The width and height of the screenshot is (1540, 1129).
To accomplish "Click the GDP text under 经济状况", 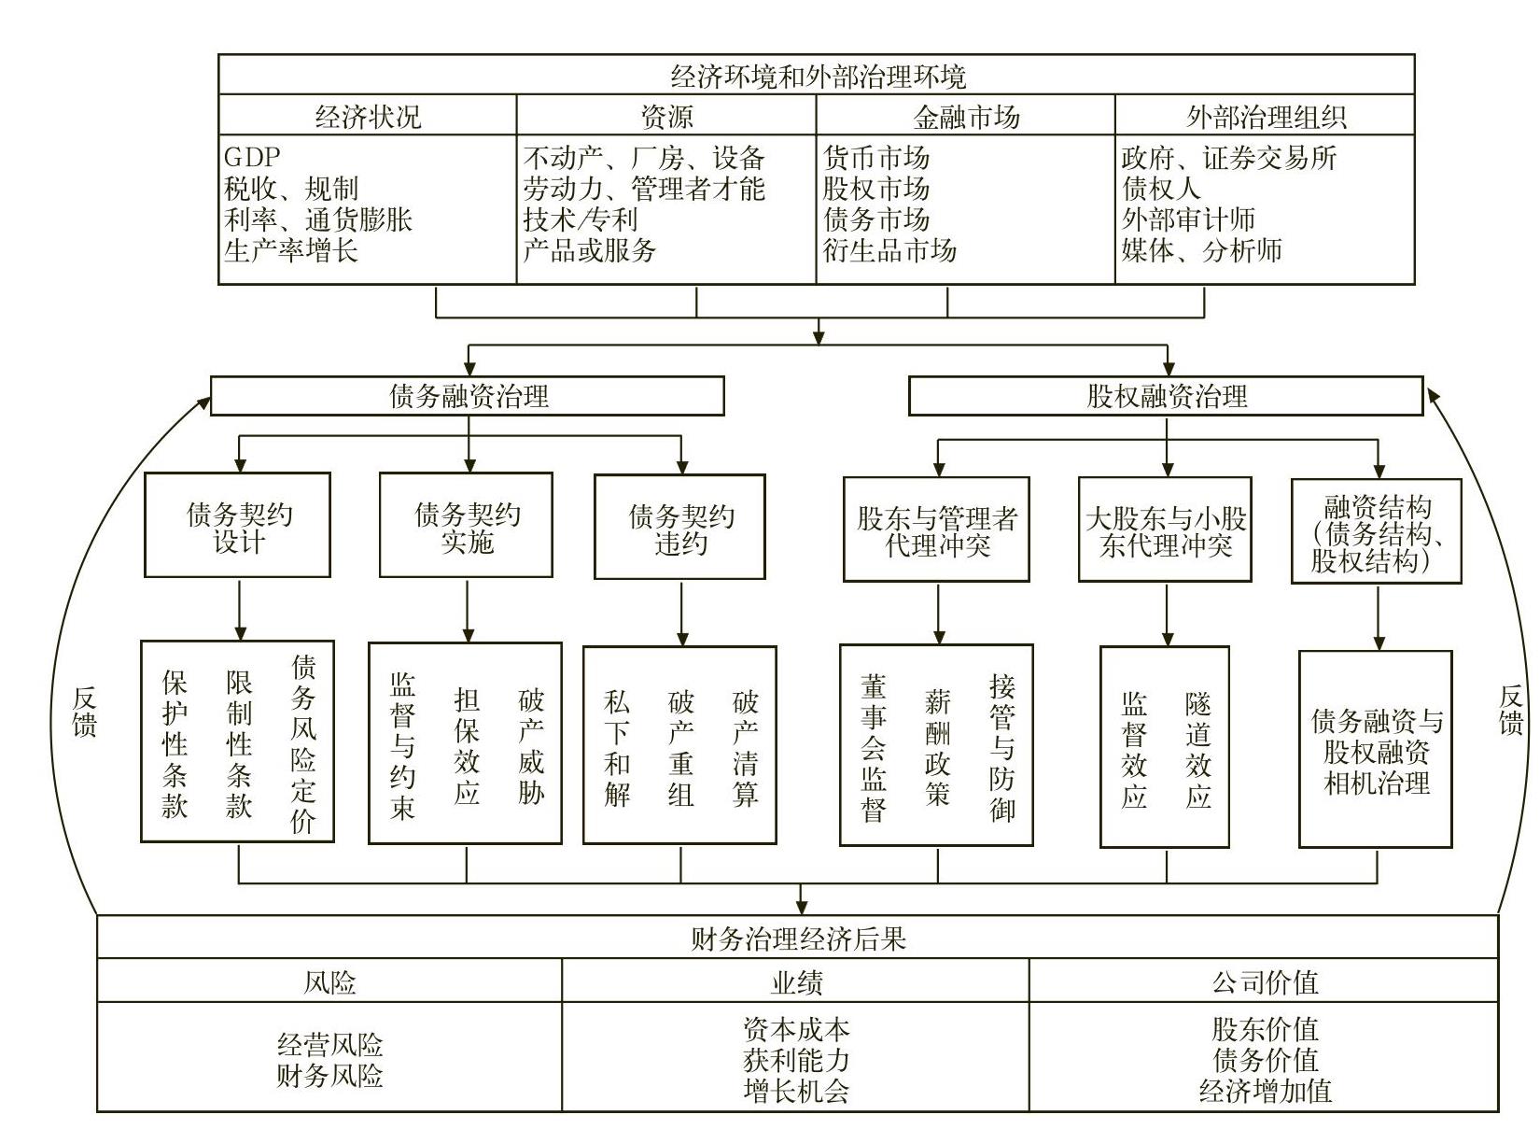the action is pyautogui.click(x=252, y=157).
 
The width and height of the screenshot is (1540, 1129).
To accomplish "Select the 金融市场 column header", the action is pyautogui.click(x=966, y=117).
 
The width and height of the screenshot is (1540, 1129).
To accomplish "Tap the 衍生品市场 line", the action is pyautogui.click(x=889, y=249).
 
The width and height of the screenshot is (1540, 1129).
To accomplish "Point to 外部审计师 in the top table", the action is pyautogui.click(x=1188, y=219).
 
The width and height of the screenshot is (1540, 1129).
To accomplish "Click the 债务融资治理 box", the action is pyautogui.click(x=468, y=396).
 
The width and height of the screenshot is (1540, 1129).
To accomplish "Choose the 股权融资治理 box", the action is pyautogui.click(x=1166, y=396).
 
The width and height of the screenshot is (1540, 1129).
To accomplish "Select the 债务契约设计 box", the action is pyautogui.click(x=238, y=525).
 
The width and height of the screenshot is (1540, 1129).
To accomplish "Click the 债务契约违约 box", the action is pyautogui.click(x=680, y=527).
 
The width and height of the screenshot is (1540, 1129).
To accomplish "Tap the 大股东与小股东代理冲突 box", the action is pyautogui.click(x=1166, y=529).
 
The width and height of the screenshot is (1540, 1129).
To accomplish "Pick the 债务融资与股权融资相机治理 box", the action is pyautogui.click(x=1376, y=749).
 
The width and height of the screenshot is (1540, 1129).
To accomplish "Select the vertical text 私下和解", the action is pyautogui.click(x=617, y=748).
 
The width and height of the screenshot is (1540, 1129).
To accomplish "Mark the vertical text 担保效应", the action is pyautogui.click(x=467, y=746).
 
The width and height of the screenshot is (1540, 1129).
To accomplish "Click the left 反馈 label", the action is pyautogui.click(x=85, y=712).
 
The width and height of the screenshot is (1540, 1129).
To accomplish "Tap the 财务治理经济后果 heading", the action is pyautogui.click(x=798, y=938).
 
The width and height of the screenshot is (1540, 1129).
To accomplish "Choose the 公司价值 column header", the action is pyautogui.click(x=1265, y=981).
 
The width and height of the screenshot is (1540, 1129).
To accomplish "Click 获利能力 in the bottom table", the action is pyautogui.click(x=796, y=1060).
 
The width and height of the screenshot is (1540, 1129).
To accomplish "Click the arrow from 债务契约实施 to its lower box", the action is pyautogui.click(x=468, y=611).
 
